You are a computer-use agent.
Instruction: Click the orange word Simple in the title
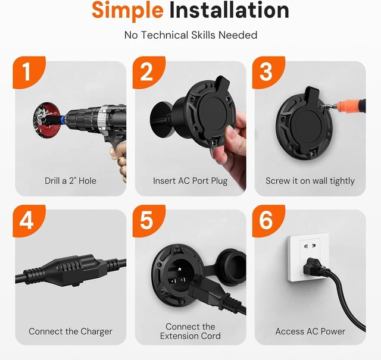click(x=127, y=11)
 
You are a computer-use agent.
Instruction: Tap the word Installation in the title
click(x=229, y=10)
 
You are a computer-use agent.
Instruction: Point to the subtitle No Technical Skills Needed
click(x=190, y=35)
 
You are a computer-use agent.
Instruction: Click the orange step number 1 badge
click(x=29, y=73)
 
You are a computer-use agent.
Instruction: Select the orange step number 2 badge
click(x=149, y=73)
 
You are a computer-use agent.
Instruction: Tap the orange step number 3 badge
click(x=268, y=73)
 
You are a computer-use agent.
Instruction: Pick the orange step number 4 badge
click(x=29, y=221)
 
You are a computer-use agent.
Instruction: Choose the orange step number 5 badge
click(x=149, y=221)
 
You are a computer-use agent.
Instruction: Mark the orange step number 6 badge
click(x=268, y=221)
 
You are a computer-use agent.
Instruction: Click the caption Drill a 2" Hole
click(x=70, y=181)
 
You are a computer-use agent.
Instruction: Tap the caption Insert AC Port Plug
click(x=190, y=181)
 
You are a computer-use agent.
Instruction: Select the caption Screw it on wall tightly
click(x=310, y=181)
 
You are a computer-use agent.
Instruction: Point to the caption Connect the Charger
click(x=70, y=331)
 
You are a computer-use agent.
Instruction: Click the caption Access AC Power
click(x=310, y=331)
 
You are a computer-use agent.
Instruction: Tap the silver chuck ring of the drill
click(x=103, y=118)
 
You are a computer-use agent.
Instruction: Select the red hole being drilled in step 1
click(x=46, y=120)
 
